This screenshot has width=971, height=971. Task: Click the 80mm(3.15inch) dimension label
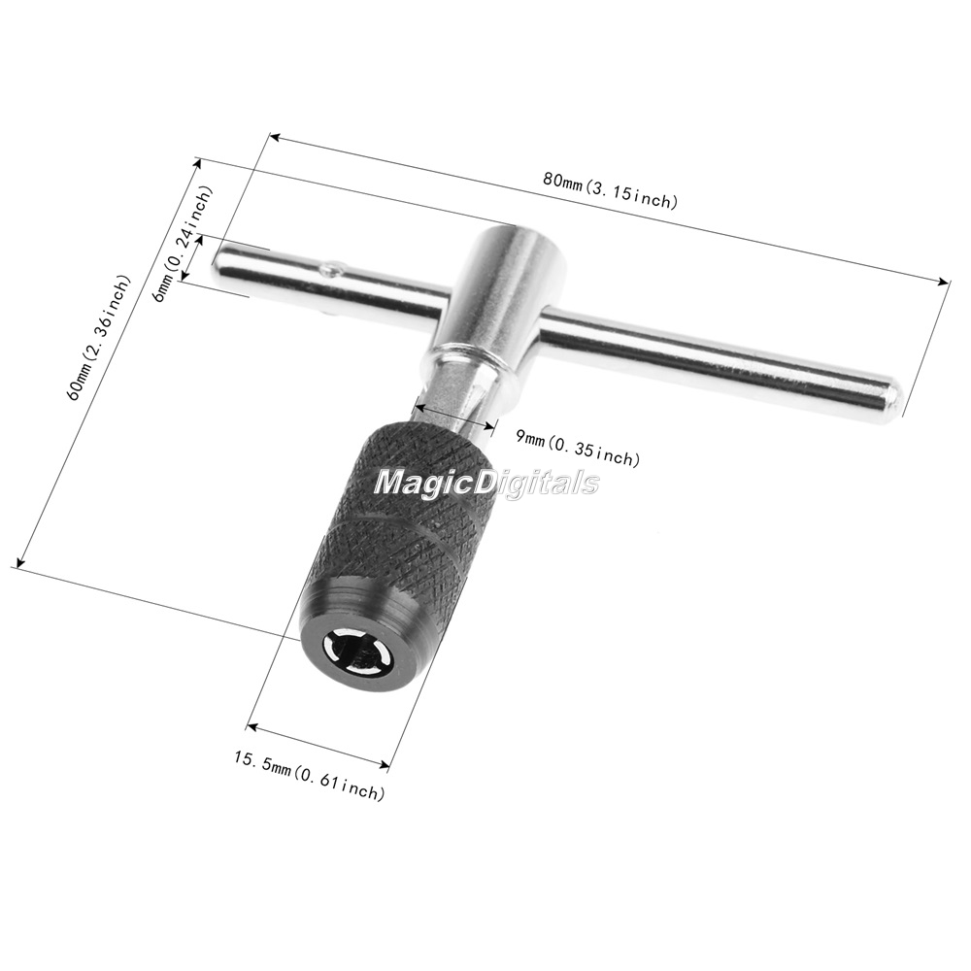pos(611,190)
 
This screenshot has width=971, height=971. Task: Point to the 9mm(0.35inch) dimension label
pos(577,447)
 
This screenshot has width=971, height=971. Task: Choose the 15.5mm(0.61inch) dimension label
pos(309,774)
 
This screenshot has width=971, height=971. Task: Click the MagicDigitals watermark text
pos(486,482)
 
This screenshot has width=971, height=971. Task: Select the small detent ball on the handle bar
pos(331,269)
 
